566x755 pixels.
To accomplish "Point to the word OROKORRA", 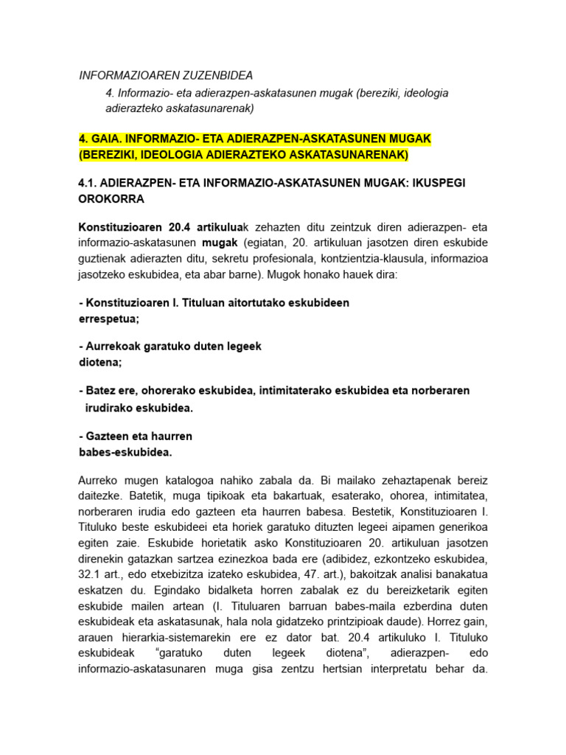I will tap(111, 198).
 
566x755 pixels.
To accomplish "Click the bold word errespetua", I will tap(108, 319).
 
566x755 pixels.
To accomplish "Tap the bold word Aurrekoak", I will tap(117, 346).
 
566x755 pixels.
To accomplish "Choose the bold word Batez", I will tap(102, 390).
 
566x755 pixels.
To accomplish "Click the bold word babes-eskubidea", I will tap(125, 452).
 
